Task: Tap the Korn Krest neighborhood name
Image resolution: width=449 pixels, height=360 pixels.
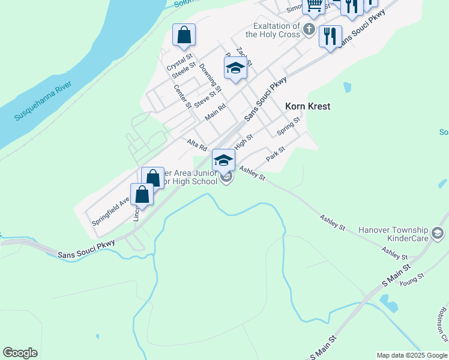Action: tap(307, 106)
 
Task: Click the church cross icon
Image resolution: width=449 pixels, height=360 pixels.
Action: tap(309, 28)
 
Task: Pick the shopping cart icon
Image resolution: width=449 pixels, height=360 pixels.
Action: tap(313, 5)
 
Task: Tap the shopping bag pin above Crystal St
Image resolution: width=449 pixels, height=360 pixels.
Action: tap(184, 35)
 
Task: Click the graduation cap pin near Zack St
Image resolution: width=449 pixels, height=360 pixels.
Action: tap(236, 68)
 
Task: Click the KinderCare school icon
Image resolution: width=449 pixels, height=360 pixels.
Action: tap(438, 232)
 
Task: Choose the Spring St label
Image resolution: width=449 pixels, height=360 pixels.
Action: tap(288, 126)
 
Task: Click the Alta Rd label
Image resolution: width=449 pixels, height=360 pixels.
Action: tap(197, 145)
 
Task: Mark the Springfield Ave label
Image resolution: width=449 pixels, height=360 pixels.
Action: tap(111, 211)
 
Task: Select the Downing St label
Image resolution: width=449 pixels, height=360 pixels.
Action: tap(210, 77)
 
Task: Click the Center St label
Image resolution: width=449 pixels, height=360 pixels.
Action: tap(182, 96)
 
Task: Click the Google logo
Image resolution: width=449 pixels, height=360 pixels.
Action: tap(20, 353)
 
